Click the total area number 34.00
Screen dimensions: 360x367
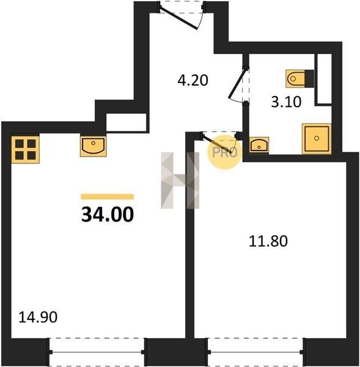(x=108, y=215)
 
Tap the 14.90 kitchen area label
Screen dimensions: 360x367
(x=38, y=317)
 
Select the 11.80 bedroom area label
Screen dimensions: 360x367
(x=268, y=242)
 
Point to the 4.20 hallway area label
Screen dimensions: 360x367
(x=193, y=80)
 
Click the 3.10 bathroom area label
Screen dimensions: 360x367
(x=286, y=102)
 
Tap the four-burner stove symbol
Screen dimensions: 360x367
(x=26, y=149)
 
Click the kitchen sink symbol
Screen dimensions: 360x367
(x=94, y=146)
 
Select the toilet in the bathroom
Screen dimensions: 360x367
(x=299, y=79)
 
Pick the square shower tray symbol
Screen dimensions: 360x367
(x=317, y=139)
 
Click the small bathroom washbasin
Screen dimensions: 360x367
(x=259, y=145)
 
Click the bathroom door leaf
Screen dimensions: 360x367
(x=238, y=83)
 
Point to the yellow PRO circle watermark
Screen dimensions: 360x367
(x=224, y=152)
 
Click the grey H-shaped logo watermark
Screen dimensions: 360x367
(x=180, y=180)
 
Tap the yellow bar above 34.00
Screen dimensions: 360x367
(x=108, y=196)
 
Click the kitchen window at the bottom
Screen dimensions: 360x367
(x=97, y=352)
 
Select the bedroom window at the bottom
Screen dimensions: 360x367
(x=255, y=352)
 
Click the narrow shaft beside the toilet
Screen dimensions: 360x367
(x=323, y=79)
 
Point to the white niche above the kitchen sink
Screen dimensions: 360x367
(x=127, y=123)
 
